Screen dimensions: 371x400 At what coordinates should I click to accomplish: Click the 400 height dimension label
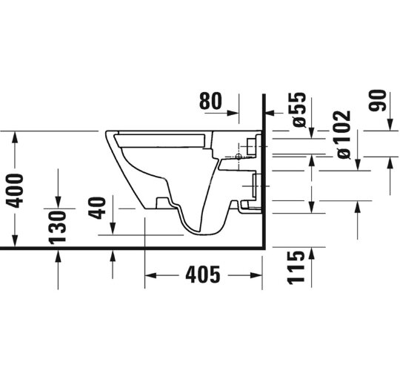[15, 190]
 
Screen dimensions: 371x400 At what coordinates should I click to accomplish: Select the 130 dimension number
[59, 226]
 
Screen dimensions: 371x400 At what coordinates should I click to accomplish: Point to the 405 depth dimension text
[202, 275]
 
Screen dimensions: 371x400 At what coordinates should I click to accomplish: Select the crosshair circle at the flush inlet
[238, 157]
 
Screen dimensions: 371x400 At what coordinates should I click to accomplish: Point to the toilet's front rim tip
[109, 134]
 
